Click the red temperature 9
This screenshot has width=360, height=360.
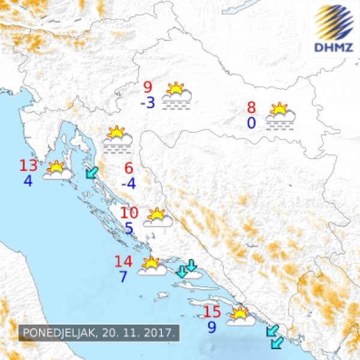pos(148,88)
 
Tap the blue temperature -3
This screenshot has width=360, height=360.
pos(148,103)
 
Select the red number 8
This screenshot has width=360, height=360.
pos(251,109)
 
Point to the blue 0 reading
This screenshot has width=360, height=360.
pos(251,123)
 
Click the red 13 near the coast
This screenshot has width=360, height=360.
pos(28,166)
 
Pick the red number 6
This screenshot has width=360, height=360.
pos(128,169)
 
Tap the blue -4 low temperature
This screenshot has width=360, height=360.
pos(128,183)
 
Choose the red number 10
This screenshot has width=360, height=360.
pos(130,213)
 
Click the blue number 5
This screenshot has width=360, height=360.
pos(129,228)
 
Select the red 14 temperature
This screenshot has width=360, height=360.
pos(123,262)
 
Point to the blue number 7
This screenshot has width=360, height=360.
pos(123,277)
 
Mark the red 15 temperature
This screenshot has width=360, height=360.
pos(212,312)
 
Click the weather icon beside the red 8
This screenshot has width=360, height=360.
pos(280,116)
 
